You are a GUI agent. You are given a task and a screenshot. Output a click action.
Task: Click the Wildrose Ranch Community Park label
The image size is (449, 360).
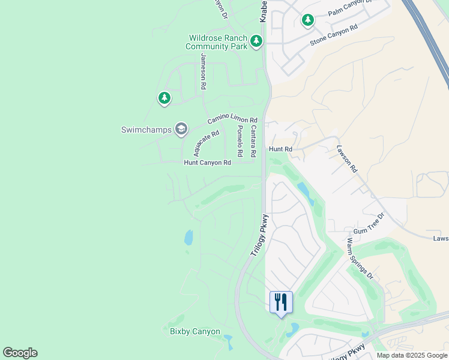pos(217,42)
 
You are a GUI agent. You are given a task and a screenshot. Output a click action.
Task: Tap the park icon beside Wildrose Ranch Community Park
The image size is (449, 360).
pos(257,41)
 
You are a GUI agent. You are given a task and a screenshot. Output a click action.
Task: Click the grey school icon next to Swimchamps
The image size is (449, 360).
pos(181,128)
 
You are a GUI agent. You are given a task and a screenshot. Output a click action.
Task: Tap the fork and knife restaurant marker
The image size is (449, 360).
pos(281,302)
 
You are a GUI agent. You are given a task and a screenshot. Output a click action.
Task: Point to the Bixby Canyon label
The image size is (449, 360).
pos(194,332)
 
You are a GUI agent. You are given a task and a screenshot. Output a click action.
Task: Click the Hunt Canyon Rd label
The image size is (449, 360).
pos(207,163)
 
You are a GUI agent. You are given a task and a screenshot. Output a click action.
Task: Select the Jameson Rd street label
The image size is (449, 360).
pos(203,71)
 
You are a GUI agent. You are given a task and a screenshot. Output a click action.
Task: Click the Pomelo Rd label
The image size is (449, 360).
pos(239,141)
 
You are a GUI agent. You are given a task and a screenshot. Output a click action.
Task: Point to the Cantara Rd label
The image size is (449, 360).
pos(253,141)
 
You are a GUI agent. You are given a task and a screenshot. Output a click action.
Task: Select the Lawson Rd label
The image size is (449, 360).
pos(346,159)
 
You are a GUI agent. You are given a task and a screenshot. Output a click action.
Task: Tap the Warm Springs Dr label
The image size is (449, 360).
pos(360,259)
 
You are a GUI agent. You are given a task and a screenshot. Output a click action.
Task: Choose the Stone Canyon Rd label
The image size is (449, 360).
pos(334,35)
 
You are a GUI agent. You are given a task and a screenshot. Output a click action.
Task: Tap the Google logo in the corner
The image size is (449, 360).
pos(20,353)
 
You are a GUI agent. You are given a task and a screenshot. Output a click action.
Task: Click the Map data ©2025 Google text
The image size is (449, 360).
pos(411,355)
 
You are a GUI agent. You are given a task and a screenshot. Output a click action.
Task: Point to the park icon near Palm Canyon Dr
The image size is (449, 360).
pos(308,21)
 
